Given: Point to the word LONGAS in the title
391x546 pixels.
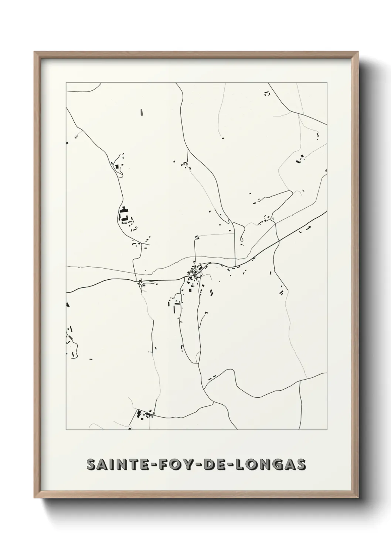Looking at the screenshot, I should pyautogui.click(x=268, y=465).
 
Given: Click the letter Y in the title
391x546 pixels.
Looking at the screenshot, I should pyautogui.click(x=181, y=465).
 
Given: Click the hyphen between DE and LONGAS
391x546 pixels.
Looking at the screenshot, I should pyautogui.click(x=230, y=465).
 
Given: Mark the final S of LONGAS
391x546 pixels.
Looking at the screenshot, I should pyautogui.click(x=301, y=465).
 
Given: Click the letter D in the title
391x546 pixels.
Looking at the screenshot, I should pyautogui.click(x=205, y=465).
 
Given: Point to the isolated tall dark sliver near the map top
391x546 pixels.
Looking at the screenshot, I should pyautogui.click(x=142, y=112).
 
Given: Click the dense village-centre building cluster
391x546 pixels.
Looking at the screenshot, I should pyautogui.click(x=194, y=272).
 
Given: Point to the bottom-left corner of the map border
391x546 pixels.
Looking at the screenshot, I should pyautogui.click(x=66, y=429).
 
